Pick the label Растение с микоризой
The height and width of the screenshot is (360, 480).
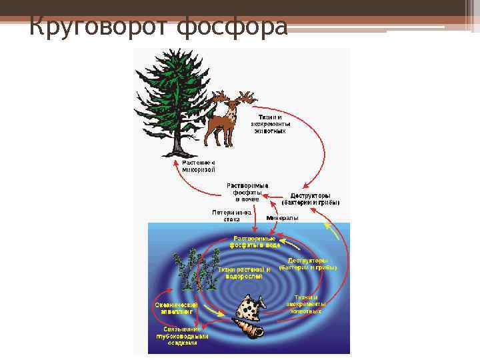point(199,166)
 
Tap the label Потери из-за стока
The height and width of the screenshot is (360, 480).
point(227,216)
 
